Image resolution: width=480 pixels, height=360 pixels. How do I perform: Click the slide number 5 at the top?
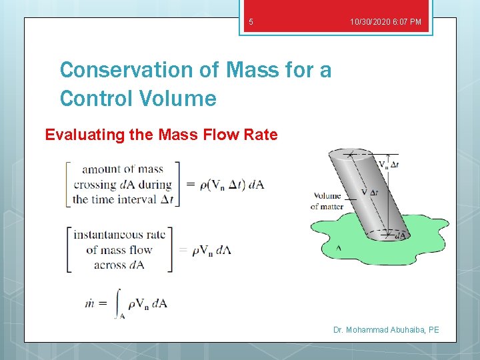pyautogui.click(x=251, y=23)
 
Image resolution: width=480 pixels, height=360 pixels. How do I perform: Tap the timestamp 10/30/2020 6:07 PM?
pyautogui.click(x=385, y=23)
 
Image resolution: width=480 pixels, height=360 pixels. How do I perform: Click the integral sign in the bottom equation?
pyautogui.click(x=118, y=303)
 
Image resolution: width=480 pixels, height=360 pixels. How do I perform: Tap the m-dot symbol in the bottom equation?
pyautogui.click(x=89, y=304)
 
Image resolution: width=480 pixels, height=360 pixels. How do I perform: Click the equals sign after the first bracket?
pyautogui.click(x=189, y=185)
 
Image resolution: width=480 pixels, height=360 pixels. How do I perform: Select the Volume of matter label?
pyautogui.click(x=327, y=201)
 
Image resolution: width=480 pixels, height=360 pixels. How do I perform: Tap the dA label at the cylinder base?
pyautogui.click(x=400, y=235)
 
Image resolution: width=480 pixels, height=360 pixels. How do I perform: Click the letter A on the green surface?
pyautogui.click(x=339, y=247)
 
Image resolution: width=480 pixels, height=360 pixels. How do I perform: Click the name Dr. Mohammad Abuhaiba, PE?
pyautogui.click(x=386, y=330)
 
